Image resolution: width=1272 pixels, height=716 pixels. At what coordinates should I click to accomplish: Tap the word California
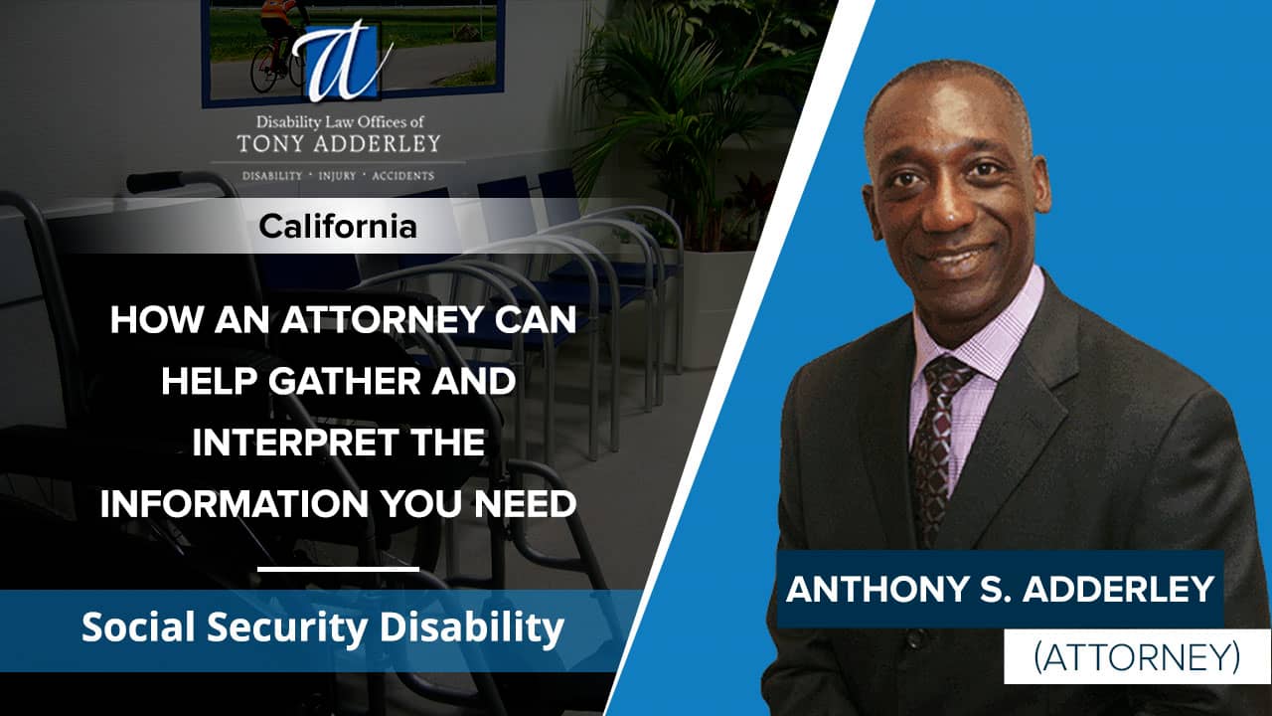[x=338, y=227]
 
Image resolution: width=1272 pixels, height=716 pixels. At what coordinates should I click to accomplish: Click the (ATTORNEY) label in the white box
[x=1139, y=656]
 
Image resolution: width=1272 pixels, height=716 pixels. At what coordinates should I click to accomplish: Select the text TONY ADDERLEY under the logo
[x=338, y=143]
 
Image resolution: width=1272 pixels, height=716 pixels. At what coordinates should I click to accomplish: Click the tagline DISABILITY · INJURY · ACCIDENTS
[x=338, y=176]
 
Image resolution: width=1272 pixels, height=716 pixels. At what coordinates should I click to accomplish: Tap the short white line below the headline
[x=338, y=570]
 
